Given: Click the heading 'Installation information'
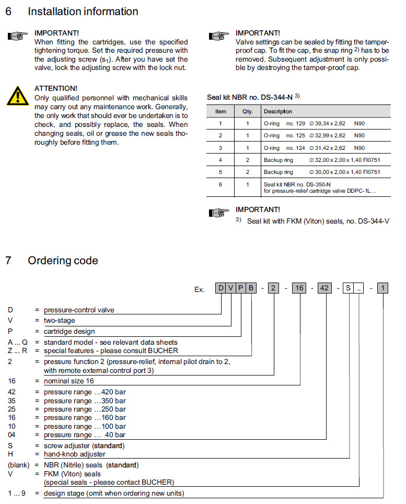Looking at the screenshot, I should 83,11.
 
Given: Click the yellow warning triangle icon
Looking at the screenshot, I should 18,96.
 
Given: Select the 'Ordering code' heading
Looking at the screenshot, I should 63,261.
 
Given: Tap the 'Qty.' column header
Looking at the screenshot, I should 247,111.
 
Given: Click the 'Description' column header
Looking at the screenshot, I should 278,111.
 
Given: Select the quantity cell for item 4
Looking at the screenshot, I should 247,160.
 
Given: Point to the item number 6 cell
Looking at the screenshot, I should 221,184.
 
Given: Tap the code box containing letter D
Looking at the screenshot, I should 221,288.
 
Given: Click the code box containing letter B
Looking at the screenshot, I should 252,288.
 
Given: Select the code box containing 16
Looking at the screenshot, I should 298,288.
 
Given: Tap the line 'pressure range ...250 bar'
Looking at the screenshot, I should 85,409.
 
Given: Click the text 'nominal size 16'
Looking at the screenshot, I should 69,381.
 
